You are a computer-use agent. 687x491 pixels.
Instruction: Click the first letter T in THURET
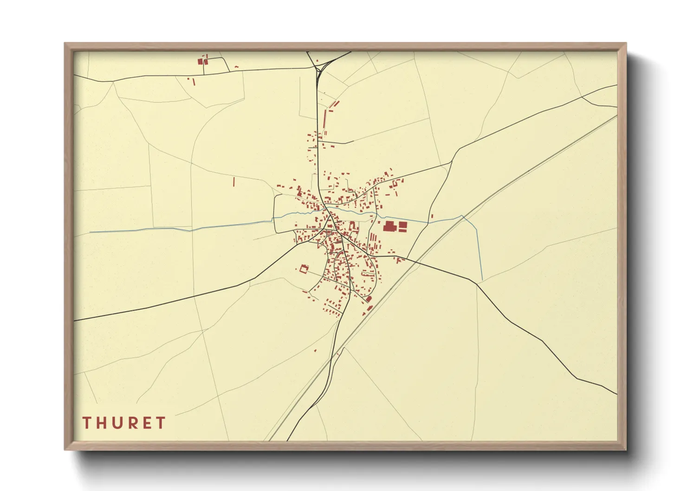coord(87,423)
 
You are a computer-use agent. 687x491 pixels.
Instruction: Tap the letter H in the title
coord(102,423)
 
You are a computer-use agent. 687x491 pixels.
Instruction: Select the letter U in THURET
coord(117,423)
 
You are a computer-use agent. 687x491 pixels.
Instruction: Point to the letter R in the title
coord(133,423)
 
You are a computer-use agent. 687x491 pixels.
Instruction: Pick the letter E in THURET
coord(147,423)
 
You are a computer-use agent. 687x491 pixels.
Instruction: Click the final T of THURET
coord(161,423)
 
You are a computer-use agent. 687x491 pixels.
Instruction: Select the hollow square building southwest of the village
coord(305,269)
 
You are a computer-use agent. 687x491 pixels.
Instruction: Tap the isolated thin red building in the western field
coord(234,181)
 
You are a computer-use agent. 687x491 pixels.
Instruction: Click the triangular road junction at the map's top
coord(319,70)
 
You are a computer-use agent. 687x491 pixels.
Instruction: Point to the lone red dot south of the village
coord(315,350)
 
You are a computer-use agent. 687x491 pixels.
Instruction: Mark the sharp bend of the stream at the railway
coord(462,216)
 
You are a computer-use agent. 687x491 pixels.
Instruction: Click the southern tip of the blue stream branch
coord(482,280)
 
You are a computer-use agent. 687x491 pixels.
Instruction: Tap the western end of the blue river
coord(90,232)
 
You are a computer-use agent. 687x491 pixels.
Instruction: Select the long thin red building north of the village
coord(324,122)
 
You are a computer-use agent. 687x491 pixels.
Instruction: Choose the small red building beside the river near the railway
coord(432,216)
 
